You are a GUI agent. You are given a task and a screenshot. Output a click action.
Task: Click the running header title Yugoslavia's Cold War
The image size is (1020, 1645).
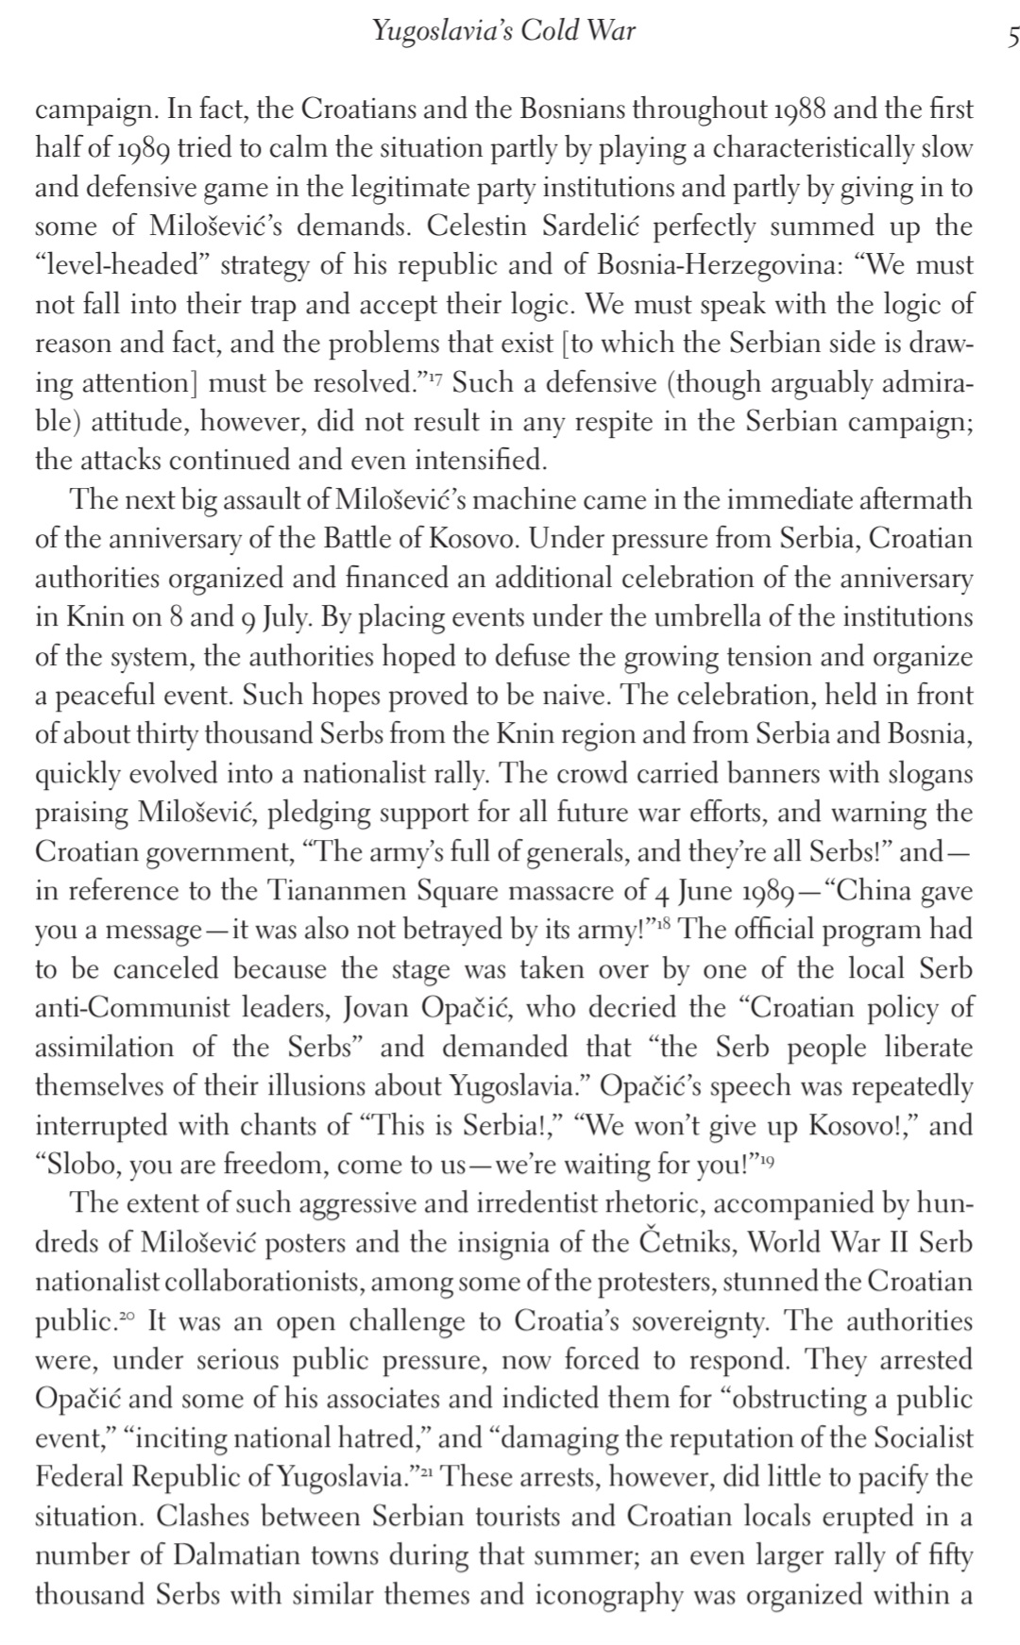pos(503,31)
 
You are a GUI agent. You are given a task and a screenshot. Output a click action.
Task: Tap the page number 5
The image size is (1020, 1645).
pos(1012,37)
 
